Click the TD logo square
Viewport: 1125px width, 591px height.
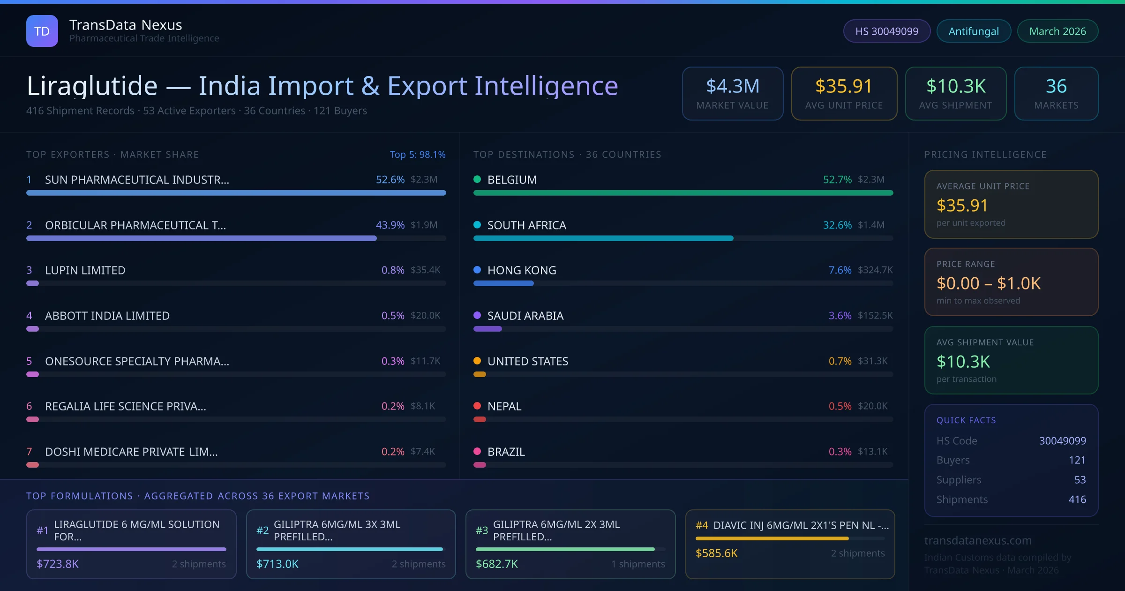[x=42, y=31]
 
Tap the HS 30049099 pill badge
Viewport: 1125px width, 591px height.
[x=886, y=31]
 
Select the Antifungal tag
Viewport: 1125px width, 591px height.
[x=974, y=31]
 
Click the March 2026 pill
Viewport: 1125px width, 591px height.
[x=1057, y=31]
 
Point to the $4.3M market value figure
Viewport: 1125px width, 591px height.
[x=732, y=86]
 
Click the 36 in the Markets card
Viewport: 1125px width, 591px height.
[x=1056, y=86]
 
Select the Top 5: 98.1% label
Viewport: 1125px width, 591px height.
[x=417, y=154]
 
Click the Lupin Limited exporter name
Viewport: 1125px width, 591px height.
[x=85, y=270]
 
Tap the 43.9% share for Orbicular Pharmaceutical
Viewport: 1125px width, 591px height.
[x=390, y=225]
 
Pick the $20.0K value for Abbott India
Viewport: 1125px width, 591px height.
[x=425, y=316]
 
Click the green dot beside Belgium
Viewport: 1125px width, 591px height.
[x=477, y=179]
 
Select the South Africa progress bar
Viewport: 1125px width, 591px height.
[x=603, y=238]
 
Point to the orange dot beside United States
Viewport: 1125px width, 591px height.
[x=477, y=361]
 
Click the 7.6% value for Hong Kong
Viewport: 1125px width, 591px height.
[x=840, y=270]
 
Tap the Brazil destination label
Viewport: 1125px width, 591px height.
[x=506, y=452]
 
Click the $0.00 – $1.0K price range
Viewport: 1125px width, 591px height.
[x=988, y=283]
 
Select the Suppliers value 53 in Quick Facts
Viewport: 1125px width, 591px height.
[x=1080, y=480]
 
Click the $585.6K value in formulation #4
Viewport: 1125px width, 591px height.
[x=716, y=553]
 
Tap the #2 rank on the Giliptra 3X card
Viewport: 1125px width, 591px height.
[x=262, y=530]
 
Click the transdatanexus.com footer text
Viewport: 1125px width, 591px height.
[x=978, y=540]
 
